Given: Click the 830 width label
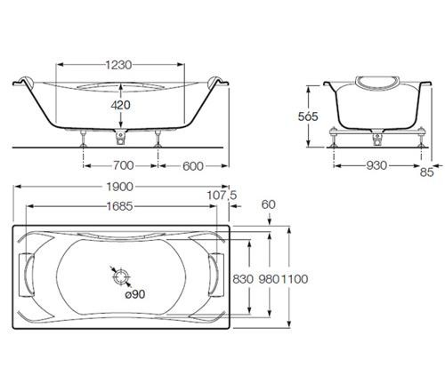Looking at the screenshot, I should point(242,278).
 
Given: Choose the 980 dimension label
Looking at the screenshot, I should point(267,278).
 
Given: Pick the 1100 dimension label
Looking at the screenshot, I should point(295,278).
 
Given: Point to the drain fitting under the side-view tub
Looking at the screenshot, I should point(120,136).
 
